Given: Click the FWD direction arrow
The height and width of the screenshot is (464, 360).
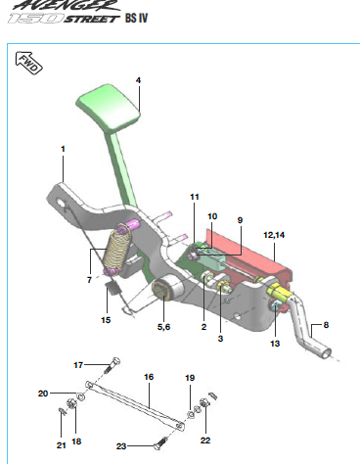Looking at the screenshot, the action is [29, 63].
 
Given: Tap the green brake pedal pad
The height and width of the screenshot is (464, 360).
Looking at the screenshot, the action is [108, 109].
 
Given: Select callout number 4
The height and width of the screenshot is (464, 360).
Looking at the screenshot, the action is [138, 80].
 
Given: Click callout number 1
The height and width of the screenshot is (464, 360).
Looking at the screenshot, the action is [63, 149].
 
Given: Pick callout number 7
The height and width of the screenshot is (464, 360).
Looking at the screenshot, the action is [89, 280].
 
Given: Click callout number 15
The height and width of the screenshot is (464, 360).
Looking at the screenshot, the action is [106, 320].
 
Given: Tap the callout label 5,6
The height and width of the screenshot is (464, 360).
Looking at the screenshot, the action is [163, 327].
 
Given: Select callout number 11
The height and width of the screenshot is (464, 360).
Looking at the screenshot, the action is [195, 197].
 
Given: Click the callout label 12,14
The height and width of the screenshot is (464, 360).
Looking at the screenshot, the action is [274, 235].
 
